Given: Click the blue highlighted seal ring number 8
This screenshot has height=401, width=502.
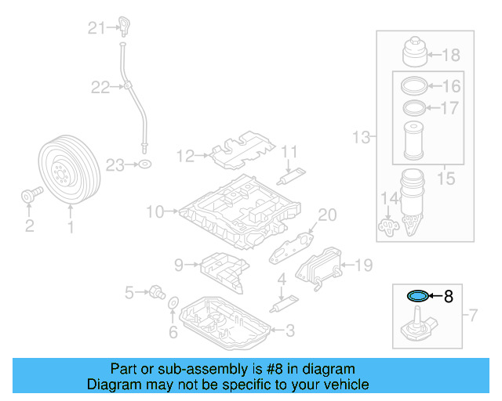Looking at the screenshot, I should [x=418, y=296].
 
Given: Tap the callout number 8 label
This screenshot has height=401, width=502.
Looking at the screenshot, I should [x=448, y=296].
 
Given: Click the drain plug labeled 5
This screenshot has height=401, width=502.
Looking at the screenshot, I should [x=156, y=293].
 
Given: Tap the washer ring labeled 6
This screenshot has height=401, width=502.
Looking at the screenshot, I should [x=174, y=302].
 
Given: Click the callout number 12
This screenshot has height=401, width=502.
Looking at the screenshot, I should [x=184, y=157].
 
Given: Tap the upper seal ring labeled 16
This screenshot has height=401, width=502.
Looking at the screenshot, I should [x=414, y=86].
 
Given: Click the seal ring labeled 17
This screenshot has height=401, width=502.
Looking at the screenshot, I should [x=414, y=107].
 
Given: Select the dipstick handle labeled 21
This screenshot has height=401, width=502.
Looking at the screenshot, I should [x=123, y=25].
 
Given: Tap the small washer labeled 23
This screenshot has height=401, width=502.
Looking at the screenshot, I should [x=144, y=164].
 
